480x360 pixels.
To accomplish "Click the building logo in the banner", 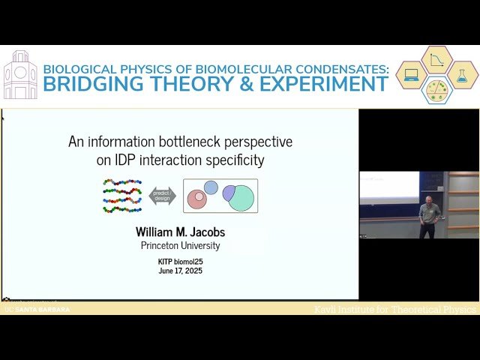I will (x=20, y=75).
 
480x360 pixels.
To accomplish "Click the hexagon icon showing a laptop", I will (x=412, y=75).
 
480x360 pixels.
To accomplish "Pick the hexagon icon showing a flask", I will (x=463, y=75).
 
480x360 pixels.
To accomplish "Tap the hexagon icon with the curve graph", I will (x=437, y=60).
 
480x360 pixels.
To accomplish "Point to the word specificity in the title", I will (x=238, y=160).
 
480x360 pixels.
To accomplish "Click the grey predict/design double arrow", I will (x=162, y=196).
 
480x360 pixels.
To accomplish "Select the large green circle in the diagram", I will (x=241, y=198).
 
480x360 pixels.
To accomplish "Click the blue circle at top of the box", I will (x=211, y=187).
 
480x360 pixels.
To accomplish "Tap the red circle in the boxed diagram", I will (x=196, y=199).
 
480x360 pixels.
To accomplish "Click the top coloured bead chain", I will (x=122, y=182).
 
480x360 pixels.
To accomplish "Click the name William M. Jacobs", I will (x=180, y=232).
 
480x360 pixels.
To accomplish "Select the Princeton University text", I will (x=180, y=245).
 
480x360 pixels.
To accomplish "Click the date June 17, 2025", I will (x=180, y=271).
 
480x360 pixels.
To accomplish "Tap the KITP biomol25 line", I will (x=180, y=262).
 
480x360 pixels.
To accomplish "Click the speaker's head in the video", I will (x=430, y=201).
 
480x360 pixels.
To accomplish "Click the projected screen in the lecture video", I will (x=388, y=187).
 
